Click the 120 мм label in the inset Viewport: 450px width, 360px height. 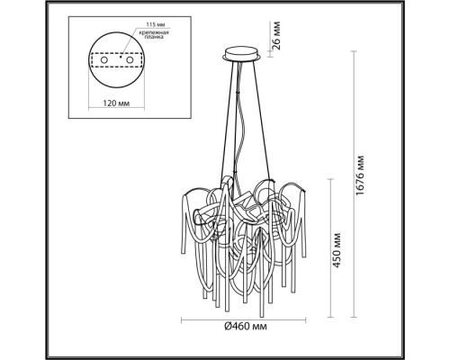117,103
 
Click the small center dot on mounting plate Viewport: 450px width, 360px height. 117,50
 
